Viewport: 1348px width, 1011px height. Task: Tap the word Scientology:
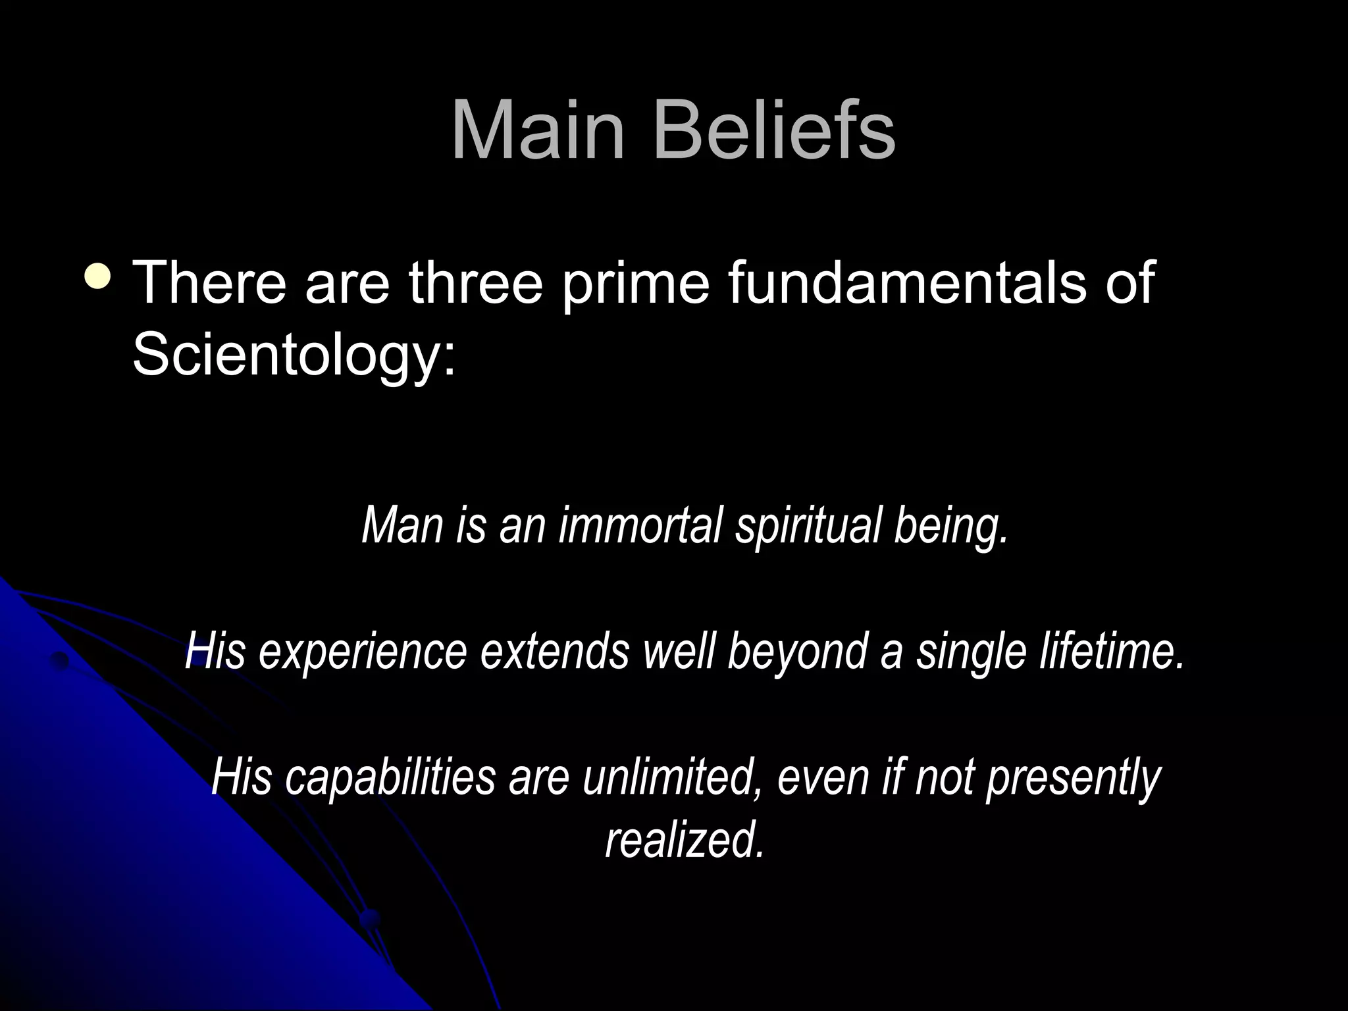tap(294, 355)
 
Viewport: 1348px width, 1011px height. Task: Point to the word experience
tap(363, 652)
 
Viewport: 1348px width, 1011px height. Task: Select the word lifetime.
tap(1112, 651)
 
